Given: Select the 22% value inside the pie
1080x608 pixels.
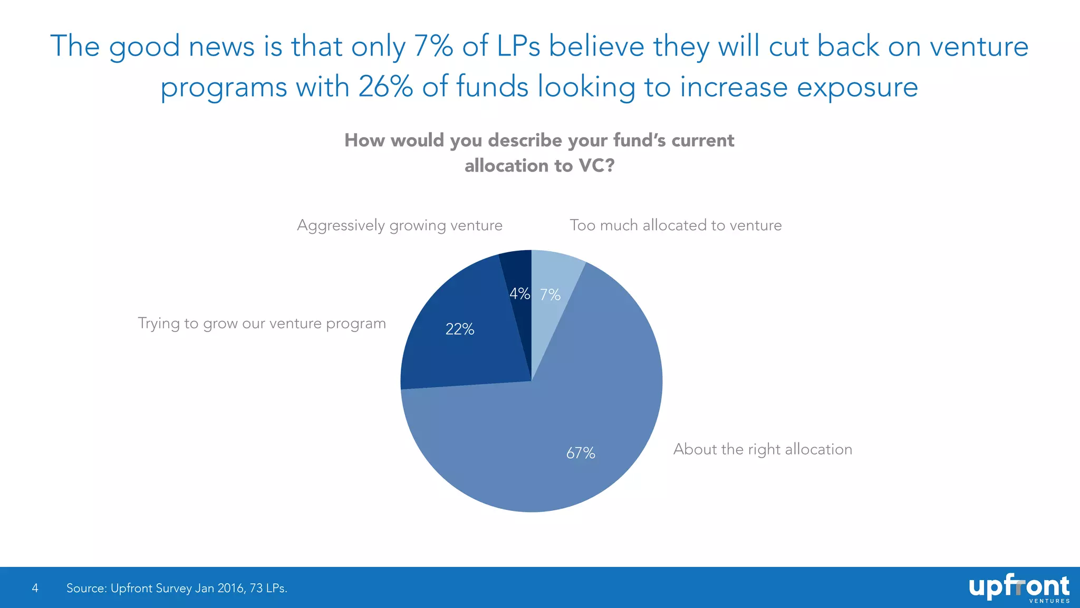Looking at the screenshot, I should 459,329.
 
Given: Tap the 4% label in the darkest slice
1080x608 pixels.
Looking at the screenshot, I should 519,293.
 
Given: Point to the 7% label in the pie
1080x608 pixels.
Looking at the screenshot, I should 550,294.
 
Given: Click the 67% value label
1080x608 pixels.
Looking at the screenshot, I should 581,453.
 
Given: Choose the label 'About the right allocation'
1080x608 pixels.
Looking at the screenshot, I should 763,449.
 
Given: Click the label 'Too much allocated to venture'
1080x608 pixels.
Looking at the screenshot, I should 676,225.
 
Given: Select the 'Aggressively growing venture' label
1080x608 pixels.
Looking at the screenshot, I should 399,225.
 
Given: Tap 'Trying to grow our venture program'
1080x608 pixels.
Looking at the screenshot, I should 262,324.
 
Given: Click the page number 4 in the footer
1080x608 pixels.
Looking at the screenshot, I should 35,588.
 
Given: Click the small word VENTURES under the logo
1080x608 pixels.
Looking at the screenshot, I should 1049,601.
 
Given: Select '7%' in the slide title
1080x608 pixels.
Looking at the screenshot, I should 433,46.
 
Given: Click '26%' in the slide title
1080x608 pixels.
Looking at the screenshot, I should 385,87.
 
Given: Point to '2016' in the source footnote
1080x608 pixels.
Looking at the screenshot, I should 230,588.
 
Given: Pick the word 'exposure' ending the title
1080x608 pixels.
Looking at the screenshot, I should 857,88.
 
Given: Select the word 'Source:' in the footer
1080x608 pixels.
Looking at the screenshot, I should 86,588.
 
